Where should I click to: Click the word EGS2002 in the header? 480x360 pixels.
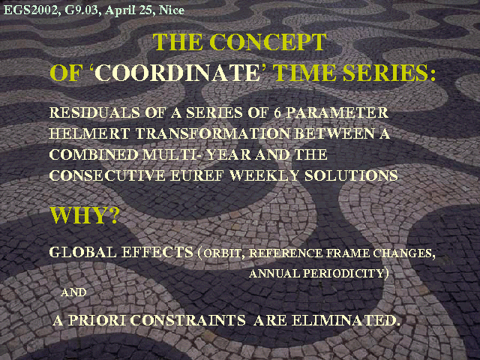30,10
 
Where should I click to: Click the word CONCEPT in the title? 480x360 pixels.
268,42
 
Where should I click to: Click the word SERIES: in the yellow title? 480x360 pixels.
389,73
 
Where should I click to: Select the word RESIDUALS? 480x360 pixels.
94,112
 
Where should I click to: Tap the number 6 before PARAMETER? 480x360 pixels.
277,112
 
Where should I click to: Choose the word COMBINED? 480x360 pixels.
94,154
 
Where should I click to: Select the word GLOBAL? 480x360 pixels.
82,252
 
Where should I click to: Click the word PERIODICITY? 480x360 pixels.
343,273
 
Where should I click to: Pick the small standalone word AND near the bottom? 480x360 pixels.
73,292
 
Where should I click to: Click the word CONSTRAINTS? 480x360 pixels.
188,320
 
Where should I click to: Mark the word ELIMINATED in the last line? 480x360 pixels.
346,320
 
